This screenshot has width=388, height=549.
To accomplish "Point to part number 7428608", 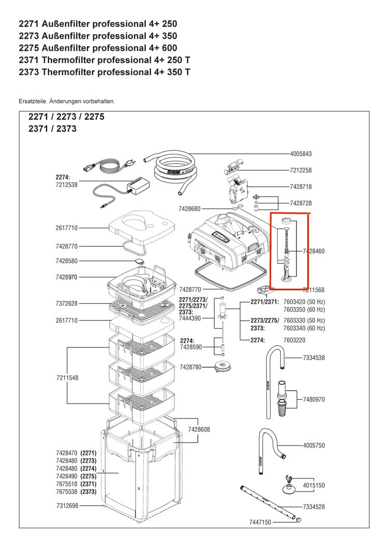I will (199, 429).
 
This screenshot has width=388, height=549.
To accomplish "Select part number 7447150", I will (260, 523).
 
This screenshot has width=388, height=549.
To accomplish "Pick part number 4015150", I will (314, 485).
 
